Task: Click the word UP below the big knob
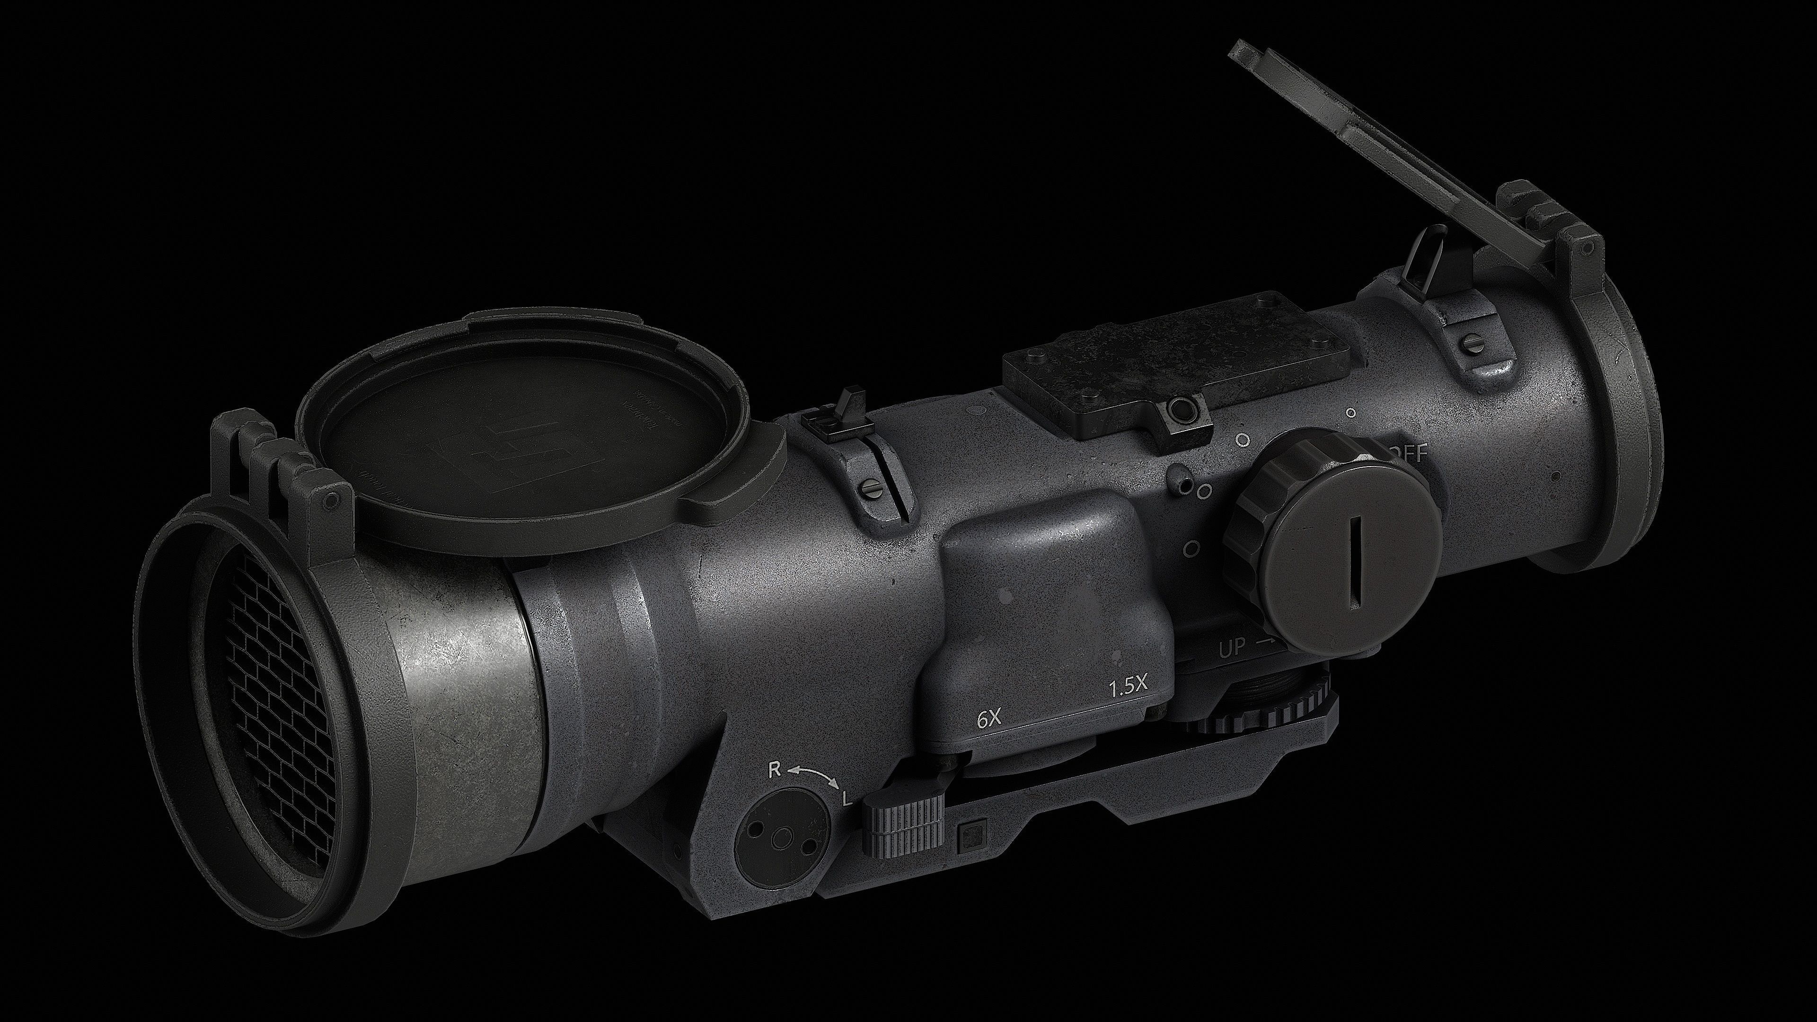1232,649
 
